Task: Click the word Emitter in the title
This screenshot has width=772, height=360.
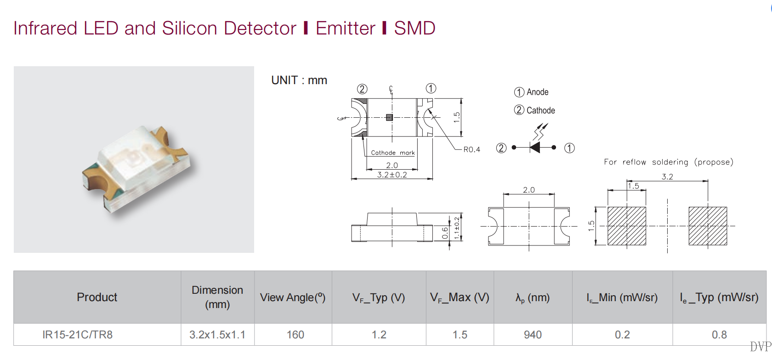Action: click(346, 29)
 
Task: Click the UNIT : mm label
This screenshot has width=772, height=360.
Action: click(299, 80)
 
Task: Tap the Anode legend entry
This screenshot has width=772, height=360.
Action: click(531, 92)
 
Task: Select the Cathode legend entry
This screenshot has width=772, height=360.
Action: click(534, 110)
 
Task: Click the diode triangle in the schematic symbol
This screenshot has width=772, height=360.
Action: click(535, 148)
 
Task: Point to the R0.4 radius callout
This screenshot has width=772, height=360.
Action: click(471, 150)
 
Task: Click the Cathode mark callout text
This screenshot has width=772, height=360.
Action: click(392, 153)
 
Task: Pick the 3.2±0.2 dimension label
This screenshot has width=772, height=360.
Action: click(392, 175)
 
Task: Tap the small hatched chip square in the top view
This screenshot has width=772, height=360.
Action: click(390, 117)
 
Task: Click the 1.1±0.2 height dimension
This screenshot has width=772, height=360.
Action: click(457, 228)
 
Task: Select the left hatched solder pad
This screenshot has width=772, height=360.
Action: click(627, 226)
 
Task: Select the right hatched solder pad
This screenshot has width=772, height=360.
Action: click(708, 226)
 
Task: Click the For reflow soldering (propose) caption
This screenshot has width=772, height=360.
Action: click(669, 162)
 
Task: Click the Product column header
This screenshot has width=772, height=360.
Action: click(97, 297)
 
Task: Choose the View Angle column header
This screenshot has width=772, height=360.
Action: click(293, 297)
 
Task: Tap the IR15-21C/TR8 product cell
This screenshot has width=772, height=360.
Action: click(78, 335)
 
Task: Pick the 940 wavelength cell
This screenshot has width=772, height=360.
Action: click(533, 335)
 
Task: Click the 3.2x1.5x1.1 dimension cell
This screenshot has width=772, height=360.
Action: click(217, 335)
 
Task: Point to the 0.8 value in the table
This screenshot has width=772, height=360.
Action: click(719, 335)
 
